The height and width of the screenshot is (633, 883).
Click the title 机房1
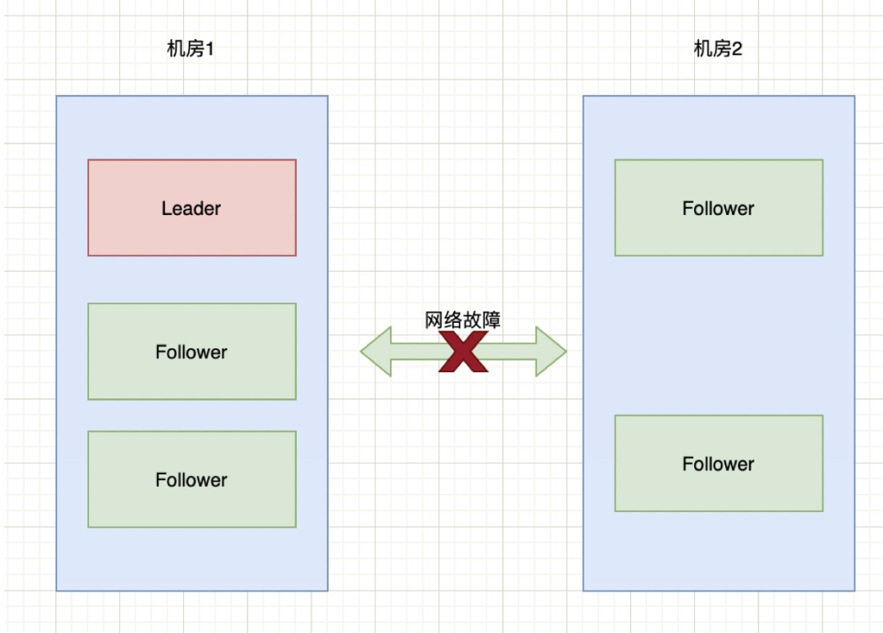click(190, 50)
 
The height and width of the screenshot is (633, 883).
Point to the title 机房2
click(718, 50)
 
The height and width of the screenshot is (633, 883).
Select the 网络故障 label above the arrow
click(463, 320)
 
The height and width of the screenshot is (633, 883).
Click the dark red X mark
click(464, 352)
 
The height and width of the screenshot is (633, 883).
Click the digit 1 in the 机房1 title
click(209, 50)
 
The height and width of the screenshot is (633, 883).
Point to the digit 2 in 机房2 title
click(737, 50)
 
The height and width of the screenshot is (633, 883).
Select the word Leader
click(191, 209)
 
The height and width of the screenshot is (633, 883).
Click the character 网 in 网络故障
click(434, 320)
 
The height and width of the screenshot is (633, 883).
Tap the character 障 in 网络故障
click(491, 320)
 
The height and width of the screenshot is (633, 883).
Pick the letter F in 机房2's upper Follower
click(688, 209)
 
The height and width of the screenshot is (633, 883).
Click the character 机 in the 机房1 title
click(175, 50)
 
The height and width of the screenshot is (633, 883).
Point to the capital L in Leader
click(166, 209)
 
